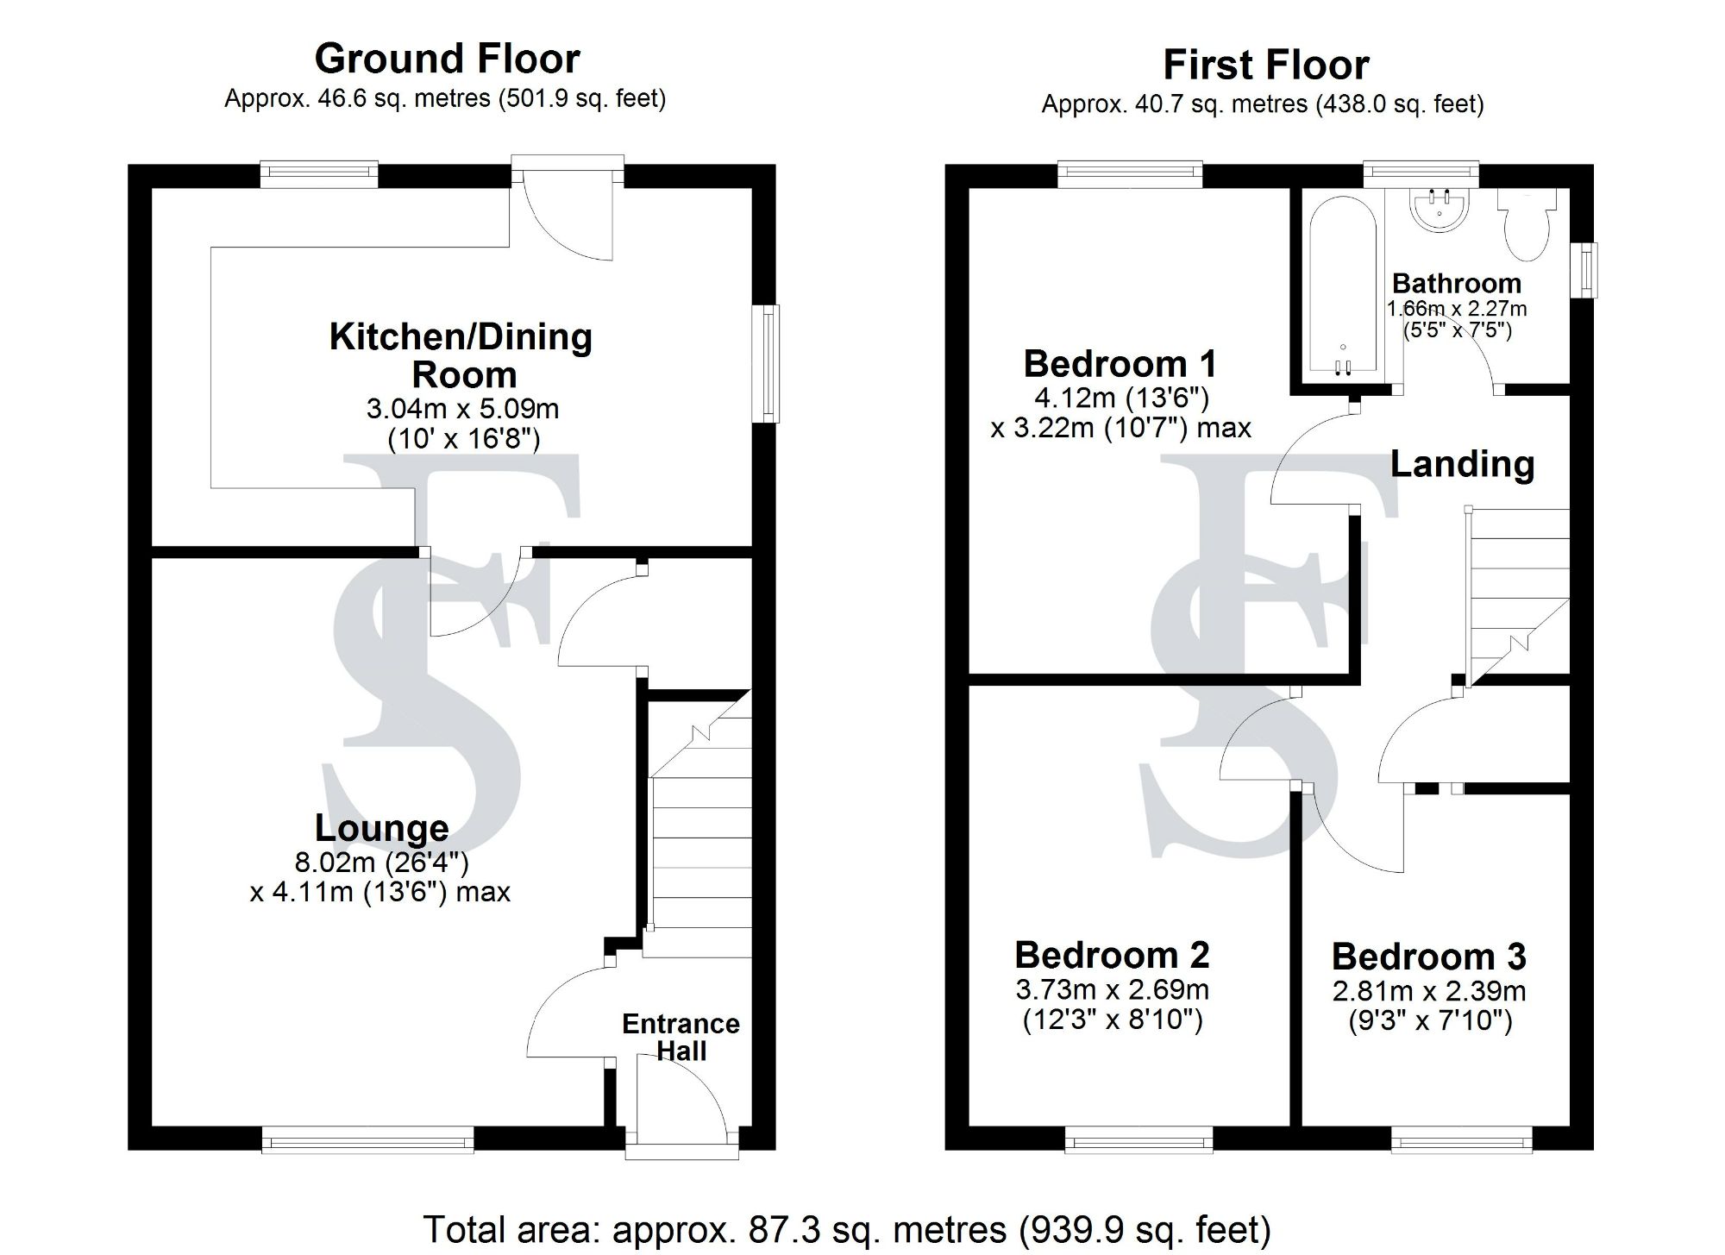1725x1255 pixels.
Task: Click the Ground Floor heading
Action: (x=447, y=59)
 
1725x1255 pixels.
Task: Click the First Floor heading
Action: (x=1265, y=65)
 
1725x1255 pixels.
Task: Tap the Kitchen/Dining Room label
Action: (x=461, y=355)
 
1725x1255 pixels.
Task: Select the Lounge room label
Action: (x=381, y=828)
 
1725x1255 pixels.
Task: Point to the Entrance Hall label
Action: (x=681, y=1037)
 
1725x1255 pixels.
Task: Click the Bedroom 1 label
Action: (x=1120, y=364)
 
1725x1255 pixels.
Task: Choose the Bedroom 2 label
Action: (x=1112, y=956)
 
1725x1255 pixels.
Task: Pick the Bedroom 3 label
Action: (x=1428, y=957)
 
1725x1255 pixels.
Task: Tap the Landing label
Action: (x=1462, y=464)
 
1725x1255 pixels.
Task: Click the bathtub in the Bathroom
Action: (x=1342, y=285)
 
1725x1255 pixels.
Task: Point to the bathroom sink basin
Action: (x=1439, y=210)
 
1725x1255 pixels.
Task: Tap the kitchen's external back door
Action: (x=567, y=211)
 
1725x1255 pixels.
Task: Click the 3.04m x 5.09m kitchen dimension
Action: (x=462, y=408)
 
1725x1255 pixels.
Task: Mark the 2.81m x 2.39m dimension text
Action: (x=1428, y=991)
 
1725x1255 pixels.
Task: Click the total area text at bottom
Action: (x=846, y=1229)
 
